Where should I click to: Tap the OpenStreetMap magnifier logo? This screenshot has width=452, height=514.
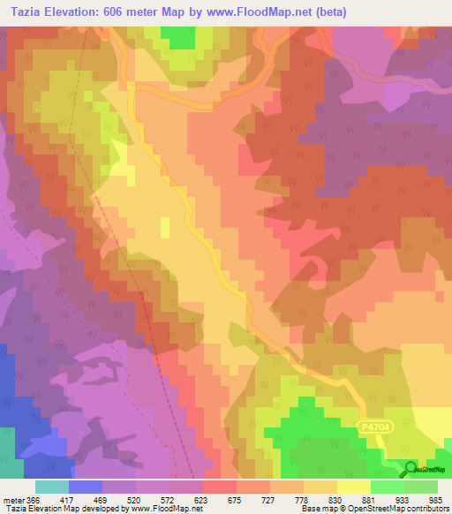pyautogui.click(x=411, y=471)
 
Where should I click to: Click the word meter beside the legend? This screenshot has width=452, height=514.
pyautogui.click(x=12, y=499)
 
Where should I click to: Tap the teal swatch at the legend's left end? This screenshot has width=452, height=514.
pyautogui.click(x=52, y=487)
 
